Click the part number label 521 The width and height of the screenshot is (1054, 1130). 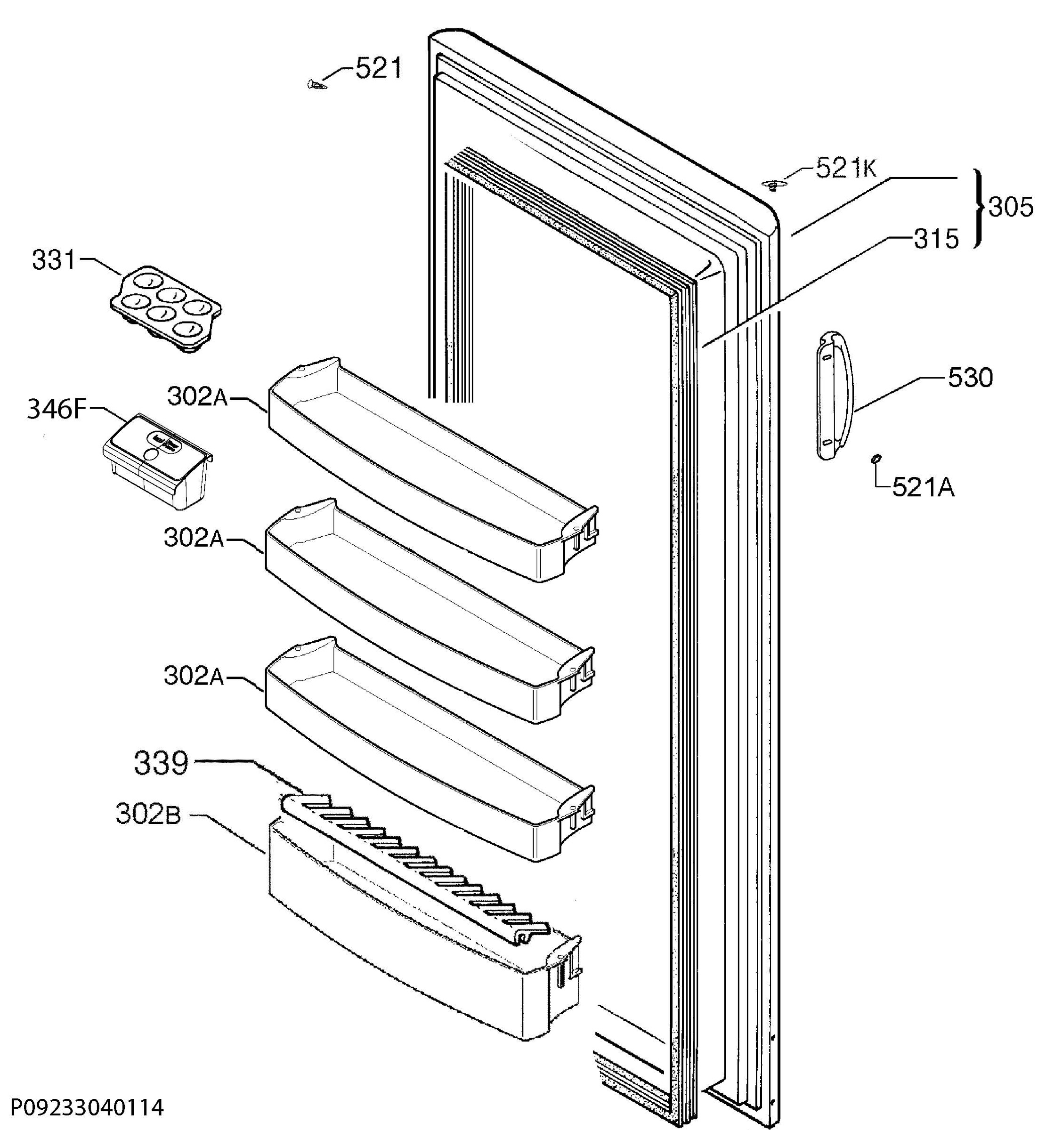[379, 68]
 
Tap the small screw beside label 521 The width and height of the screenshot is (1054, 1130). [316, 85]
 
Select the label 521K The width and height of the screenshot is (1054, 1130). [846, 168]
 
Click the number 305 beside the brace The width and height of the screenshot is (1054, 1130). [1011, 208]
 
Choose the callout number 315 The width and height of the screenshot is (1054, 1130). [936, 239]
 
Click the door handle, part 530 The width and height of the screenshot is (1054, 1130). [834, 395]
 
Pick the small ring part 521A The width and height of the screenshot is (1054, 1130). [876, 458]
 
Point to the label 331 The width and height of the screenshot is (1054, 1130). [54, 260]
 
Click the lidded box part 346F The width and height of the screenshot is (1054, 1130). [157, 461]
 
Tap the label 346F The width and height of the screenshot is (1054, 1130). [57, 409]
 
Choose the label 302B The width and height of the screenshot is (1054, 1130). [148, 814]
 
